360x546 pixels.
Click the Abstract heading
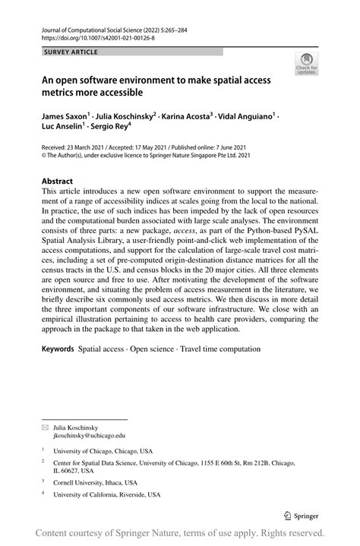point(57,182)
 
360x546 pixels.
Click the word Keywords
point(57,349)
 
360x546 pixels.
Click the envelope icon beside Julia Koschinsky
point(44,428)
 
